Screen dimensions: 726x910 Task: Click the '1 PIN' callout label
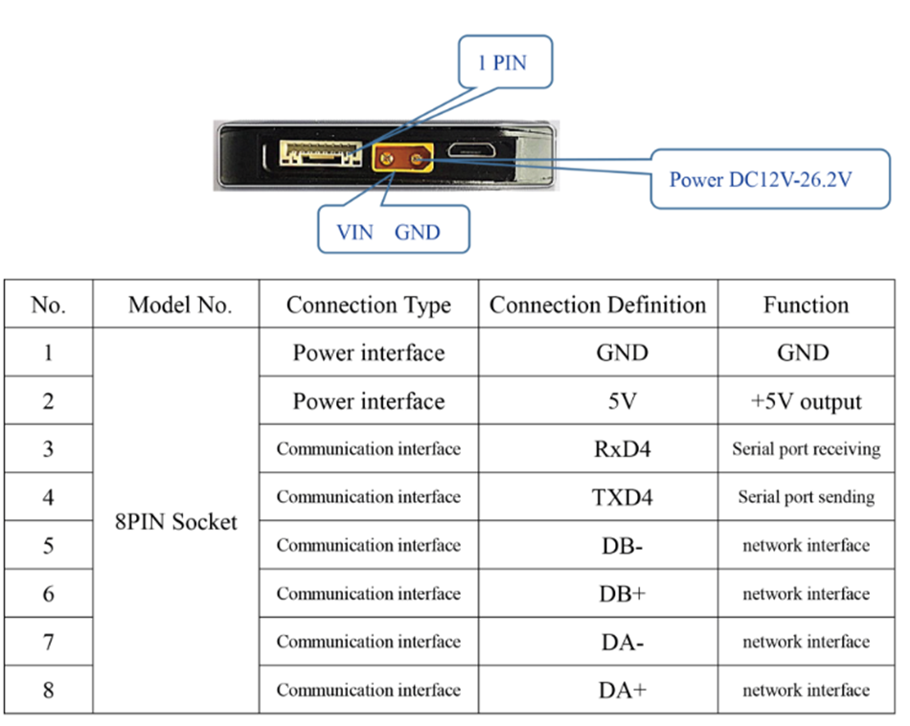(x=503, y=63)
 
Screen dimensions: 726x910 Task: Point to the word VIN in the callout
(x=355, y=232)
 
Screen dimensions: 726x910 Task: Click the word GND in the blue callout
(x=417, y=232)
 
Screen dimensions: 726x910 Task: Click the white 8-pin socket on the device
(x=320, y=154)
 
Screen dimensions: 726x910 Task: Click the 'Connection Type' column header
(x=369, y=306)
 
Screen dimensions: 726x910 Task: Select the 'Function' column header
(x=806, y=306)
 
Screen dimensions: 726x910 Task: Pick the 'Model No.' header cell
(x=180, y=306)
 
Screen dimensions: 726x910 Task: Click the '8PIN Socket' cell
(x=176, y=522)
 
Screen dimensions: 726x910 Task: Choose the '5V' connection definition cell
(x=622, y=401)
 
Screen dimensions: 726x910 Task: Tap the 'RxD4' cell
(x=622, y=449)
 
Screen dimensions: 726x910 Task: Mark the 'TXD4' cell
(x=622, y=497)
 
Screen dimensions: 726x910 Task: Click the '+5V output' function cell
(x=806, y=401)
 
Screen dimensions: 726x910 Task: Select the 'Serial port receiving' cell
(x=806, y=449)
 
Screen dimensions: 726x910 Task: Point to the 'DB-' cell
(x=622, y=546)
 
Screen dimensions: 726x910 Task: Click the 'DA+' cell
(x=622, y=690)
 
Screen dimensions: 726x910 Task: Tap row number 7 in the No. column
(x=48, y=642)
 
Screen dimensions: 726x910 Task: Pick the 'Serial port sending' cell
(x=806, y=497)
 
